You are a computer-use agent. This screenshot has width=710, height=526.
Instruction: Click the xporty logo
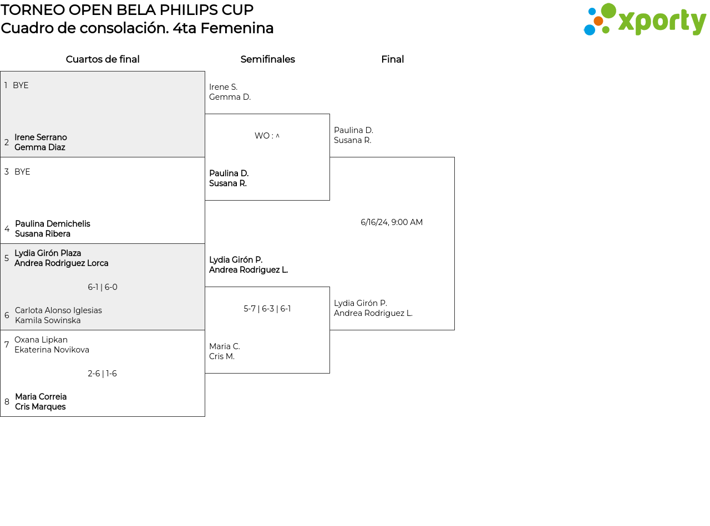click(645, 20)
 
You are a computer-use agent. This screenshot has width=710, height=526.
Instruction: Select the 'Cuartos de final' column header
click(103, 59)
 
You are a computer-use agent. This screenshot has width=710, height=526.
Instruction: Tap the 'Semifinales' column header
click(267, 59)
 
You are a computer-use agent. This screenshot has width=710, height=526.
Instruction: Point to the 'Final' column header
click(392, 59)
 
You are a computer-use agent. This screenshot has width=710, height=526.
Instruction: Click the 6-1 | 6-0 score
click(103, 287)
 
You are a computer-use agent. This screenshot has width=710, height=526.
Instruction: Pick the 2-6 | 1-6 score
click(103, 374)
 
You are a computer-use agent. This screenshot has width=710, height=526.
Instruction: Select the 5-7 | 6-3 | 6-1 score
click(267, 309)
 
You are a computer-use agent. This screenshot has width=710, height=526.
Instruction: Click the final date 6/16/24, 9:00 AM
click(392, 222)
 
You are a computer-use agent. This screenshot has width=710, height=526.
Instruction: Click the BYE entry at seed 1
click(21, 85)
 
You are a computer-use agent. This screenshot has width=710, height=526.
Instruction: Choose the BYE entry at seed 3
click(22, 172)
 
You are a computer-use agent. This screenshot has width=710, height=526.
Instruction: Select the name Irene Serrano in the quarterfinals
click(40, 137)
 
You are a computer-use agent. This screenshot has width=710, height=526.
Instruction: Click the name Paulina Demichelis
click(52, 224)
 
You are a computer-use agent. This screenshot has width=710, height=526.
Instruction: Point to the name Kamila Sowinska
click(48, 320)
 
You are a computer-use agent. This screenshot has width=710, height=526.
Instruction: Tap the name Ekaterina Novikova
click(52, 350)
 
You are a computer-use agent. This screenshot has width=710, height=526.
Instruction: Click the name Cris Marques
click(40, 407)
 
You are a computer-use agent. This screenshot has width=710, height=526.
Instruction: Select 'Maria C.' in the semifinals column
click(225, 346)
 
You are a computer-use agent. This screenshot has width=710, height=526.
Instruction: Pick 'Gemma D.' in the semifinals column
click(230, 97)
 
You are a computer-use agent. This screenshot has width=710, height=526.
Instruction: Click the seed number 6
click(7, 315)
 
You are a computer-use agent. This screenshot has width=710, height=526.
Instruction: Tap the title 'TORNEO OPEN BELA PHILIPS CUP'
click(127, 10)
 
